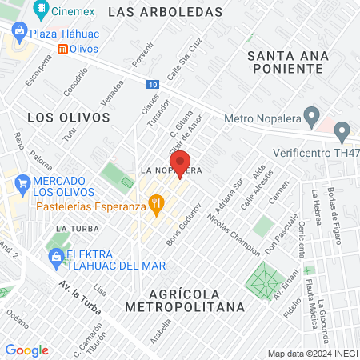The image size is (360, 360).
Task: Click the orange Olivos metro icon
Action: click(x=62, y=49)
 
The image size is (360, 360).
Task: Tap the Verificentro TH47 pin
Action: click(x=342, y=130)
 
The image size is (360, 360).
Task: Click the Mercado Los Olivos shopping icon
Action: click(x=21, y=187)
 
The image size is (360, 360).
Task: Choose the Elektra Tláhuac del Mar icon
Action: click(x=55, y=257)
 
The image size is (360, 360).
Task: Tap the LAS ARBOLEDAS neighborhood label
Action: click(x=164, y=12)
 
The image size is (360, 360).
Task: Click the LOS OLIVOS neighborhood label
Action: click(x=68, y=117)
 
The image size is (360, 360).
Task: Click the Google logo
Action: click(x=26, y=350)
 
